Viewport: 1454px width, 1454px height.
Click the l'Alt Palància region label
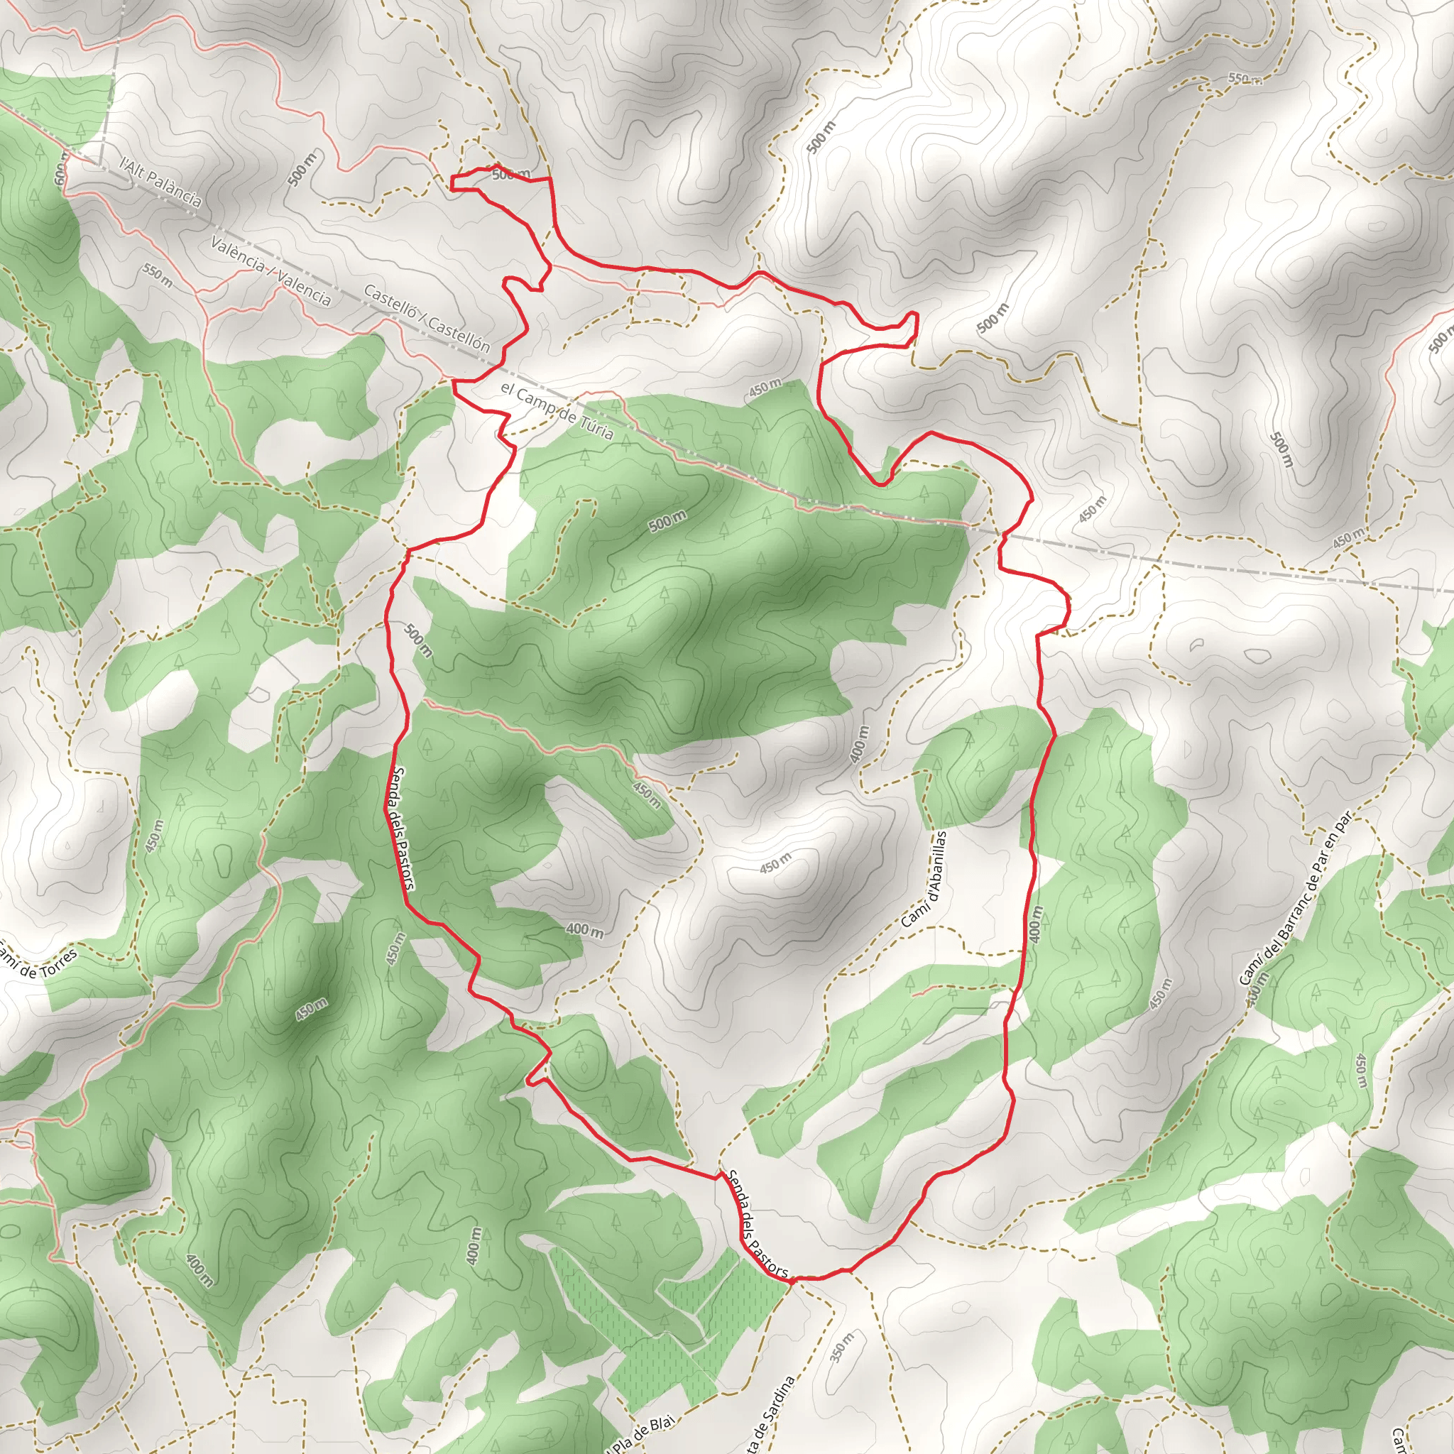click(x=161, y=180)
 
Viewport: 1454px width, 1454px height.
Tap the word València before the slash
click(x=238, y=254)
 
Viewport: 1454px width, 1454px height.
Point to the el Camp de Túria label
click(x=556, y=411)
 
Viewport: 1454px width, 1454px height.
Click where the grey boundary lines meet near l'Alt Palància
click(x=100, y=163)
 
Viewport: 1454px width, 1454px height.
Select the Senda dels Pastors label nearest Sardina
click(x=757, y=1223)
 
